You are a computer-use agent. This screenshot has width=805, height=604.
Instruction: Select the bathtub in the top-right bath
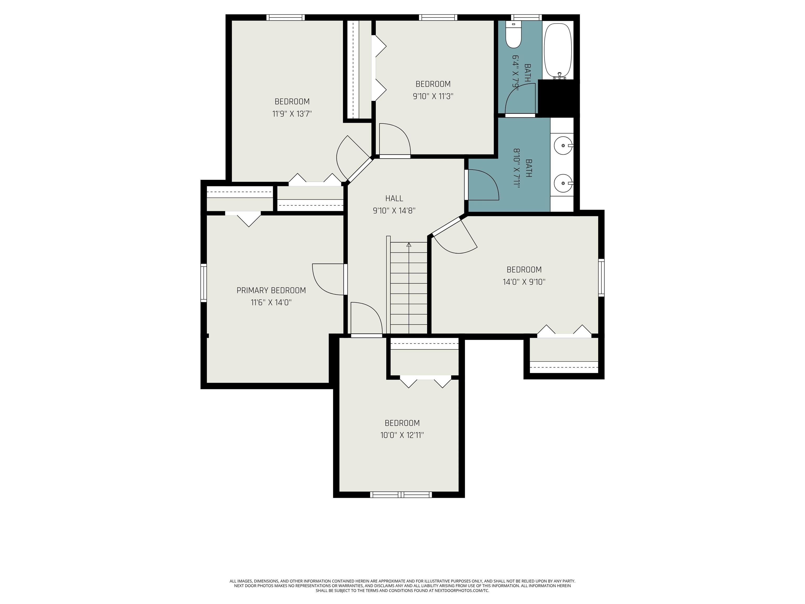(558, 51)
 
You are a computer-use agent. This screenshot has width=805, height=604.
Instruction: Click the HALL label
(394, 198)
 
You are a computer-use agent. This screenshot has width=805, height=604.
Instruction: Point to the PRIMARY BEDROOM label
(271, 290)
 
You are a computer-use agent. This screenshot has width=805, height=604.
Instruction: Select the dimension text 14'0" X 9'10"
(524, 282)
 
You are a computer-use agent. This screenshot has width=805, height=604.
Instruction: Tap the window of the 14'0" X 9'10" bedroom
(601, 277)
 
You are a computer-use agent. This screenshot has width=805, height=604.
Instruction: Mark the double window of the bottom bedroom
(401, 494)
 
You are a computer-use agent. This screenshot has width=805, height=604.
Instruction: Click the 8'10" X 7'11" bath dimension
(517, 168)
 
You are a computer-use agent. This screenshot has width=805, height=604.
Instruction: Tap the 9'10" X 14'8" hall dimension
(394, 211)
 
